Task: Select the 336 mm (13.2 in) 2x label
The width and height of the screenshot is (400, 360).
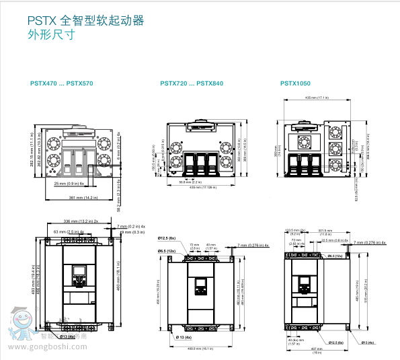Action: pyautogui.click(x=80, y=220)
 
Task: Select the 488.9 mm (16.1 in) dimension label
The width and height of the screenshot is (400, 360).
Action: pyautogui.click(x=200, y=349)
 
